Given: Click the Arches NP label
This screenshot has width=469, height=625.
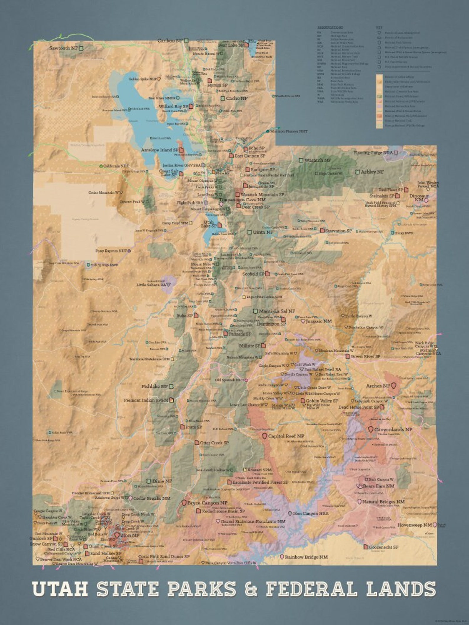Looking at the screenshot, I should tap(378, 386).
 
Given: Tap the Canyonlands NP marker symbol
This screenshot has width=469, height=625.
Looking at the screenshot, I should tap(370, 429).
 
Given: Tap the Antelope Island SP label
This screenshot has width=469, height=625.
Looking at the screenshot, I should tap(159, 150).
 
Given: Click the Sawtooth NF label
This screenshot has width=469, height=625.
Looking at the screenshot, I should tap(63, 48).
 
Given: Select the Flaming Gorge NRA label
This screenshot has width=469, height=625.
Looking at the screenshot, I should tap(373, 153).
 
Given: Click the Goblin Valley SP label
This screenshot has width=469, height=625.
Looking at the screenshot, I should tap(322, 401).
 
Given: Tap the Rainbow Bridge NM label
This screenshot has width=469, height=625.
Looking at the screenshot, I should tap(306, 557).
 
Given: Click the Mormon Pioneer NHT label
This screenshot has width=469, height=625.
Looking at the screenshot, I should tap(289, 131).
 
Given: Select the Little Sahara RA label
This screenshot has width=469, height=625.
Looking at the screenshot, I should tap(151, 285).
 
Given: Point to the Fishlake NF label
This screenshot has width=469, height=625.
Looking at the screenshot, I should tap(154, 386).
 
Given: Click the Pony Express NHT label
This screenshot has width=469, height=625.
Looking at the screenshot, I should tap(111, 251).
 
